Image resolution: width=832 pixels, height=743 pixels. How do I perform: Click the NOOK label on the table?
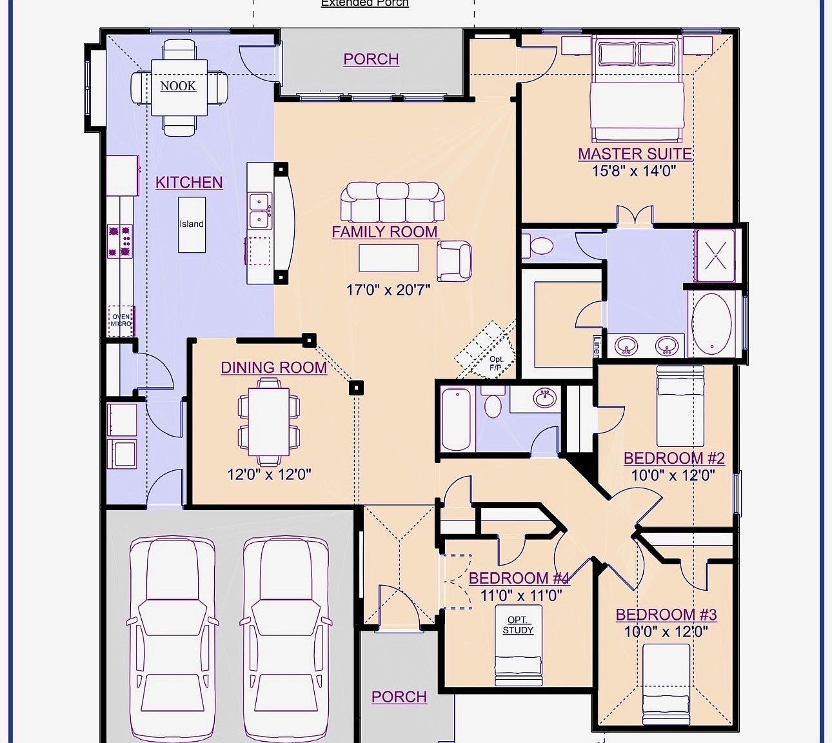(178, 86)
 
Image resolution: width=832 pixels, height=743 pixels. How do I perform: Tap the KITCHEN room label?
(189, 183)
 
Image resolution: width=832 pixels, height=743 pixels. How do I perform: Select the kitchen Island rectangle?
(192, 224)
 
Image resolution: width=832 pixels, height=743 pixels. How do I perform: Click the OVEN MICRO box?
(121, 320)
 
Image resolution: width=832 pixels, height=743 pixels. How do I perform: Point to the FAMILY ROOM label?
(384, 232)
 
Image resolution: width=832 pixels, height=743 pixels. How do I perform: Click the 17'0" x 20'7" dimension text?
(388, 290)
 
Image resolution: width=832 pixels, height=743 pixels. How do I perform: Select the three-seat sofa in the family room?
(393, 201)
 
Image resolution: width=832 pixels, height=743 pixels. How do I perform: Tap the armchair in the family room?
(454, 260)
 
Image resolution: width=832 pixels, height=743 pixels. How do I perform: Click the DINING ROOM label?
(273, 368)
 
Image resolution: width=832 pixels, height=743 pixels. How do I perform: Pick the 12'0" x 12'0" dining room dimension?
(269, 475)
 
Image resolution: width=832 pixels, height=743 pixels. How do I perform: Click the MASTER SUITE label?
(635, 154)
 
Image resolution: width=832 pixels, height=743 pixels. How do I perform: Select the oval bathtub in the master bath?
(712, 324)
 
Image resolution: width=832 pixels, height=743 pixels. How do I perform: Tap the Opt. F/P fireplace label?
(495, 363)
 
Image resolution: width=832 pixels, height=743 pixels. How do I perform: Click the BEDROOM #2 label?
(674, 459)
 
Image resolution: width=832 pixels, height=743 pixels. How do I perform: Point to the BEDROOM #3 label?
(666, 615)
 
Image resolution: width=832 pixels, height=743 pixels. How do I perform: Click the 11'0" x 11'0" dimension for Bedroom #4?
(521, 595)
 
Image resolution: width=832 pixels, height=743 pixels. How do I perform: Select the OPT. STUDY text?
(518, 625)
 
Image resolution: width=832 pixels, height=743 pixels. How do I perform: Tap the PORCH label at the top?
(371, 59)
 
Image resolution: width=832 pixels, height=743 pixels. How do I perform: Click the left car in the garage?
(172, 639)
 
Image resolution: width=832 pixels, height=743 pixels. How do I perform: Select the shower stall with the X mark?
(715, 256)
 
